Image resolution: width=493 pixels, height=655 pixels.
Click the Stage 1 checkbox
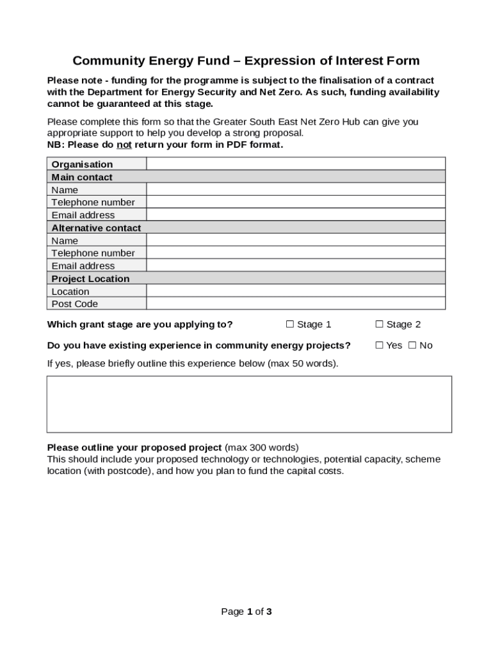tap(289, 324)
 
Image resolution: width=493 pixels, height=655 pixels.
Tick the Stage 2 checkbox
tap(379, 324)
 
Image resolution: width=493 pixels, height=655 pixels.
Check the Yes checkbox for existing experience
tap(379, 345)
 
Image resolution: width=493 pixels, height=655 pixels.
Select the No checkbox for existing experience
tap(412, 345)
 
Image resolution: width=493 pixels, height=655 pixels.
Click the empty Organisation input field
tap(296, 164)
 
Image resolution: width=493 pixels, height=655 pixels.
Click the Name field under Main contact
tap(296, 190)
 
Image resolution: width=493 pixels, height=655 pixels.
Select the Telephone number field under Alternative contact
tap(296, 253)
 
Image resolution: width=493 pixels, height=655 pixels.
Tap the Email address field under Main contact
tap(296, 215)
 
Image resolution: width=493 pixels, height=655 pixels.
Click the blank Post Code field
tap(296, 304)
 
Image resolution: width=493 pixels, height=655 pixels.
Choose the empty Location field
tap(296, 292)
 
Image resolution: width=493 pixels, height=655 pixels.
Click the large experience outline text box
tap(249, 404)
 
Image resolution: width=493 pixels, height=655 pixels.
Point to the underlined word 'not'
tap(124, 145)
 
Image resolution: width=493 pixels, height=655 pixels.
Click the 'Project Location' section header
tap(90, 279)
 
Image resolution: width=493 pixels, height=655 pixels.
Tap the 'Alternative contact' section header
tap(96, 228)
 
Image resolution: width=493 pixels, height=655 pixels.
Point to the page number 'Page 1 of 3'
tap(247, 612)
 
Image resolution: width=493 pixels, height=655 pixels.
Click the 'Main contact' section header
tap(82, 177)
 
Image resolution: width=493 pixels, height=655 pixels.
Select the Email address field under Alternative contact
tap(296, 265)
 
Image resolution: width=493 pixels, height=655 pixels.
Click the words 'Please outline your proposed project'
tap(134, 447)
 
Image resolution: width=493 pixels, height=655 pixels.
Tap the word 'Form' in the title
tap(403, 61)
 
